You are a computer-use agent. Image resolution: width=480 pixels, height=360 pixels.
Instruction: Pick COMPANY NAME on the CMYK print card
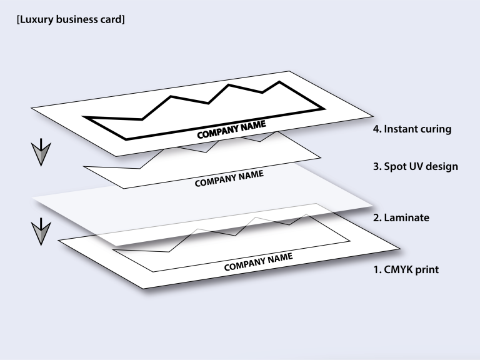click(258, 262)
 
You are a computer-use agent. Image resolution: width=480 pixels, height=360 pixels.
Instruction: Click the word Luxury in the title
click(34, 20)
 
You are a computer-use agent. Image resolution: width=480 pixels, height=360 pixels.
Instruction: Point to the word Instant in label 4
click(401, 130)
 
